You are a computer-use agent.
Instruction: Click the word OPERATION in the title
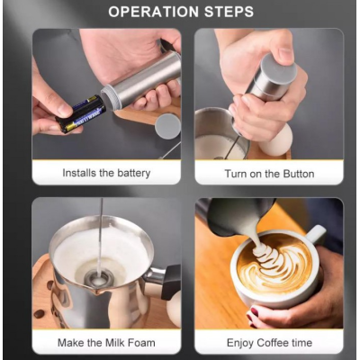154,12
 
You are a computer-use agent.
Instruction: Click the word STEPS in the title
229,12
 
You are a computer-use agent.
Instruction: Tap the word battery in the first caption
134,173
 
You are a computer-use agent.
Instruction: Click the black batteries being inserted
81,114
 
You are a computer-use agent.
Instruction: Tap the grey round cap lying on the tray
168,126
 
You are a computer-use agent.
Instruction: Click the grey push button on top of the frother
279,67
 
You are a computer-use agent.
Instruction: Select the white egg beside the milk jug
276,140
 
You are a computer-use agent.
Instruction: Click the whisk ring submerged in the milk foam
98,279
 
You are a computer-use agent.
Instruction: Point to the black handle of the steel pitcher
171,283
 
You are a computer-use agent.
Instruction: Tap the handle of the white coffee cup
314,235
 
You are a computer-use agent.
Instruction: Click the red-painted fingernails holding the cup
252,315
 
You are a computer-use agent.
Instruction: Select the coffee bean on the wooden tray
39,314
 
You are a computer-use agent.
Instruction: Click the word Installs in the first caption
79,173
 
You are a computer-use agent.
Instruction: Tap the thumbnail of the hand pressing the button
286,54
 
